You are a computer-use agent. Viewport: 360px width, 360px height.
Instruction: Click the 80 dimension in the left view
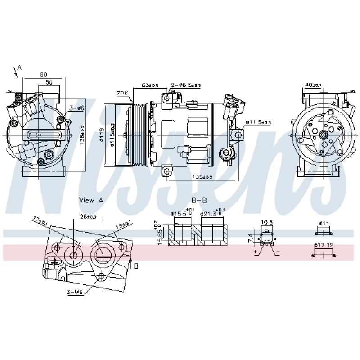[x=44, y=74]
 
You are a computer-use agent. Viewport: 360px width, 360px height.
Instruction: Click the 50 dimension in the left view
[x=49, y=83]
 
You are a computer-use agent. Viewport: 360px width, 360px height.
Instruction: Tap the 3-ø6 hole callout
[x=77, y=108]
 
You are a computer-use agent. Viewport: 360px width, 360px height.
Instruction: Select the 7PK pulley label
[x=122, y=93]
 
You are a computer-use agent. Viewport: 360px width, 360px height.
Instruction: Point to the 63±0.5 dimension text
[x=150, y=85]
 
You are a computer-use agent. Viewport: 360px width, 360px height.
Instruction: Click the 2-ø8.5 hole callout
[x=186, y=85]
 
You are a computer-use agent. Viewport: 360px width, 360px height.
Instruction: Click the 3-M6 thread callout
[x=74, y=292]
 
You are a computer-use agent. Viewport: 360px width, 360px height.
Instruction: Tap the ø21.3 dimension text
[x=208, y=213]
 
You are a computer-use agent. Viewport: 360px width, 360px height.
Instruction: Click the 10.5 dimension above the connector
[x=267, y=222]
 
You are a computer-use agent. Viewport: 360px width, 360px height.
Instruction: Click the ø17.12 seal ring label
[x=324, y=245]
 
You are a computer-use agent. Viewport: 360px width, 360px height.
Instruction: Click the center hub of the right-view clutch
[x=323, y=134]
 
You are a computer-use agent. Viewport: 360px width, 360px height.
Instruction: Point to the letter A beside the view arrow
[x=19, y=67]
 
